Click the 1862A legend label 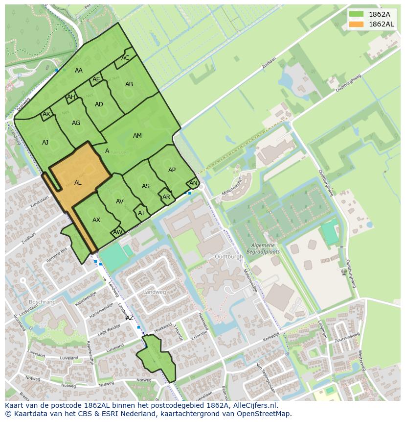[379, 14]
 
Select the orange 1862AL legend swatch [356, 24]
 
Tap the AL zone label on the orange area [78, 183]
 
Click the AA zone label [79, 71]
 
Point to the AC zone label [125, 58]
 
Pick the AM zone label [137, 136]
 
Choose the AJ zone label [45, 143]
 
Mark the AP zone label [172, 170]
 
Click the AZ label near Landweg [130, 318]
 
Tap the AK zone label [46, 114]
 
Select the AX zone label [96, 220]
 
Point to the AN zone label [193, 183]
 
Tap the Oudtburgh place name [228, 256]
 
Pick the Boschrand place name [42, 302]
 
